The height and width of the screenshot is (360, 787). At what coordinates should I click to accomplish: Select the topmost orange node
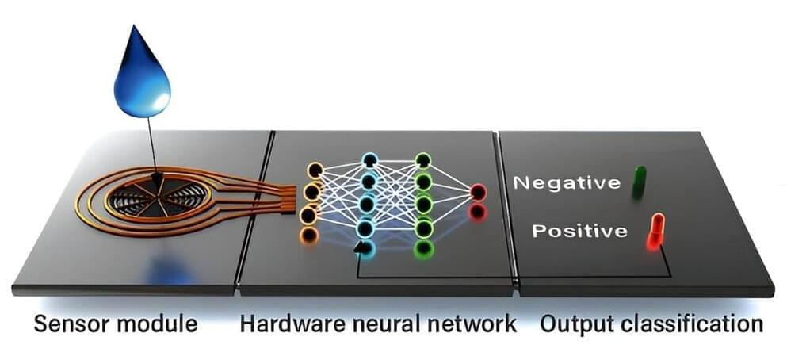pos(315,170)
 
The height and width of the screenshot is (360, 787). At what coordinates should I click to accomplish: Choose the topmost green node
pos(423,161)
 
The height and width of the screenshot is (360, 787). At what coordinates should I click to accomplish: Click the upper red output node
pos(477,192)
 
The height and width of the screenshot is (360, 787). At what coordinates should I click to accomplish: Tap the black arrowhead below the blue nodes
pos(361,247)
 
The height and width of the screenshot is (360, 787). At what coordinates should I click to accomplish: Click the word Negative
pos(567,183)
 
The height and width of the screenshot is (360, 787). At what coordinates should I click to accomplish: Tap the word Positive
pos(579,232)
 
